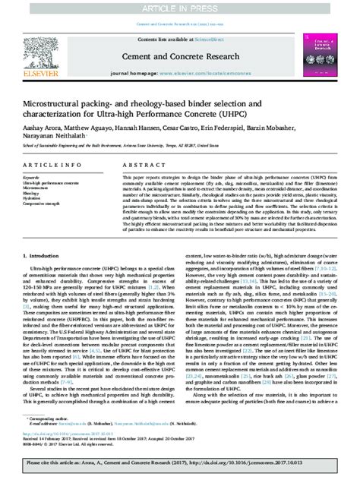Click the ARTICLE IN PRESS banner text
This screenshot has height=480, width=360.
[180, 8]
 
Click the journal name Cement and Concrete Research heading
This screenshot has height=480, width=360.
[179, 55]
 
